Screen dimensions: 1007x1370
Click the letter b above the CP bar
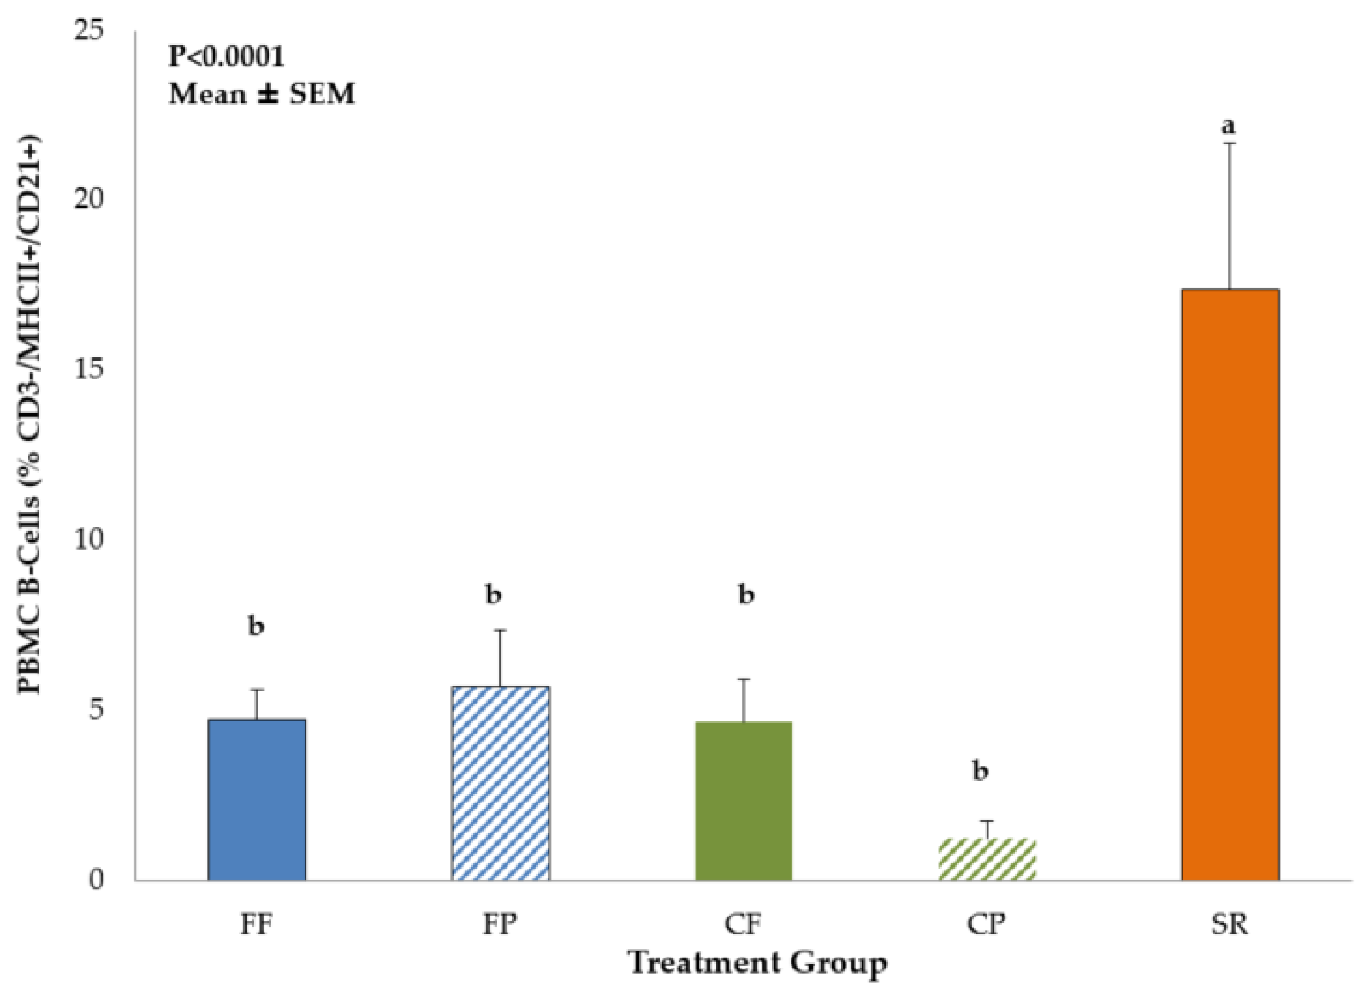pos(980,771)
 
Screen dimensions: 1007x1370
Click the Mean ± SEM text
pos(262,94)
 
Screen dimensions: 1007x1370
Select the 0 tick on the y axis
pos(96,880)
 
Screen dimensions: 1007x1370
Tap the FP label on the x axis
pos(500,924)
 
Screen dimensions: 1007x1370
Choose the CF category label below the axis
pos(743,924)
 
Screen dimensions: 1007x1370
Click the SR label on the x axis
pos(1229,924)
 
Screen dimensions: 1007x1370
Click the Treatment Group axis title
pos(758,964)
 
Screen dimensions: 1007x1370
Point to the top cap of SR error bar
pos(1230,143)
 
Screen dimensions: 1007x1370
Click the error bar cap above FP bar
pos(500,630)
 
